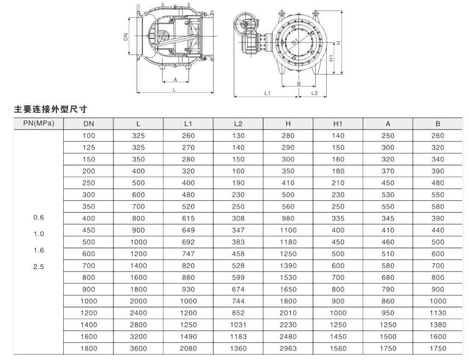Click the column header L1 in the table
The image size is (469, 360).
(x=188, y=124)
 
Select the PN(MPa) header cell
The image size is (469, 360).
(x=38, y=124)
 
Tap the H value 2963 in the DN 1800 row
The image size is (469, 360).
(x=288, y=348)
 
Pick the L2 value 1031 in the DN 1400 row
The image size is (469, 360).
(x=238, y=325)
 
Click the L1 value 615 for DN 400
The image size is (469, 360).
(x=188, y=218)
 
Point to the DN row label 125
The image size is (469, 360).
(x=89, y=148)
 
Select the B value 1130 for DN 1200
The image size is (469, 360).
(x=437, y=313)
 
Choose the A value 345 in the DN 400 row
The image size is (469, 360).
(x=388, y=218)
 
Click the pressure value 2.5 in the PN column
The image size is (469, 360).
(x=38, y=266)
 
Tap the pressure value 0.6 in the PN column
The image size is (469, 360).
(x=38, y=218)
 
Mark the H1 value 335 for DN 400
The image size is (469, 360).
(x=338, y=218)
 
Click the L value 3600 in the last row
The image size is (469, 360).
(x=138, y=348)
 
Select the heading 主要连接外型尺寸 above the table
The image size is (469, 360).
(x=51, y=109)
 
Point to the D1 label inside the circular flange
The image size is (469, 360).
(x=295, y=42)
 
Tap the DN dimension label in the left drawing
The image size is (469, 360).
(x=126, y=37)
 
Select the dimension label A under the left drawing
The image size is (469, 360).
(x=175, y=80)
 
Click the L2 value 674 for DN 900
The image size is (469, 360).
(x=238, y=289)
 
